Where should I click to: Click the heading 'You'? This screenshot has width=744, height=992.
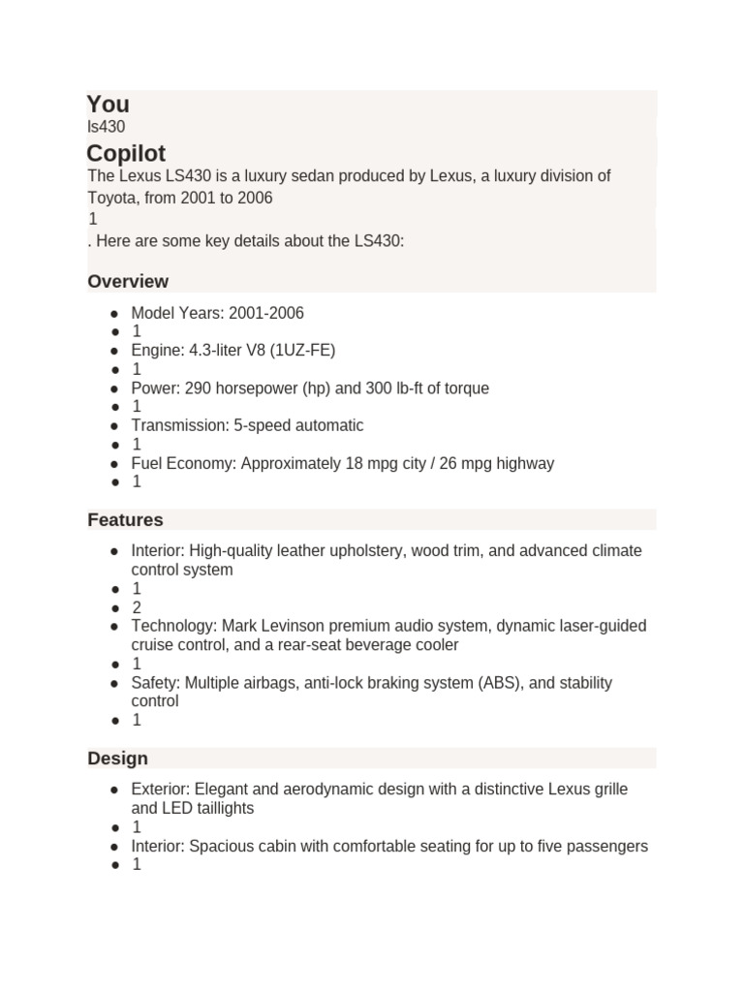[108, 105]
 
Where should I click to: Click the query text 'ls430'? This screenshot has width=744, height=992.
[106, 127]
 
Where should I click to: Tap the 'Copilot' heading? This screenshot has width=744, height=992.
[126, 154]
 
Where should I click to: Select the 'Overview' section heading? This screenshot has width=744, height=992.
[128, 282]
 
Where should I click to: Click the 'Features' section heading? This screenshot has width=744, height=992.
[125, 520]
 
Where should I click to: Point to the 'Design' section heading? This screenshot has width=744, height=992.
[117, 759]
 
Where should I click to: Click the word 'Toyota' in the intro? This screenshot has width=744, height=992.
[111, 198]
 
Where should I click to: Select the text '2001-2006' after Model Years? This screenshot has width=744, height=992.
[266, 313]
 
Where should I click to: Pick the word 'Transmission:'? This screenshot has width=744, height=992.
[178, 425]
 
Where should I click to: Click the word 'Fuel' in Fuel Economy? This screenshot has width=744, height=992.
[147, 463]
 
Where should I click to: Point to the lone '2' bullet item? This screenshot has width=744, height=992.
[137, 607]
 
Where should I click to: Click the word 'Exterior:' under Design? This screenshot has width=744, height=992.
[162, 790]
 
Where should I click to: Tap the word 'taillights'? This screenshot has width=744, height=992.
[222, 808]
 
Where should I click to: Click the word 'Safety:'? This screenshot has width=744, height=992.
[156, 683]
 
